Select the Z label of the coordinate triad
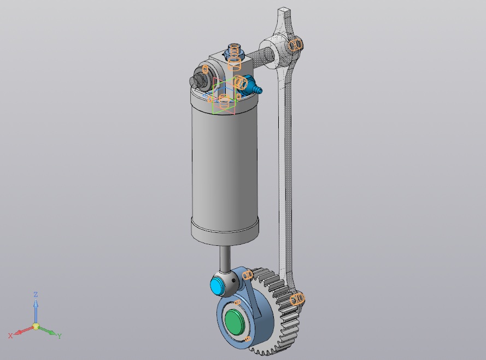36,294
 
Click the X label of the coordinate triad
10,335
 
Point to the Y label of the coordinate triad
60,336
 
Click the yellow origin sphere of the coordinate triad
36,326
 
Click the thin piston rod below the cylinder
225,257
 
